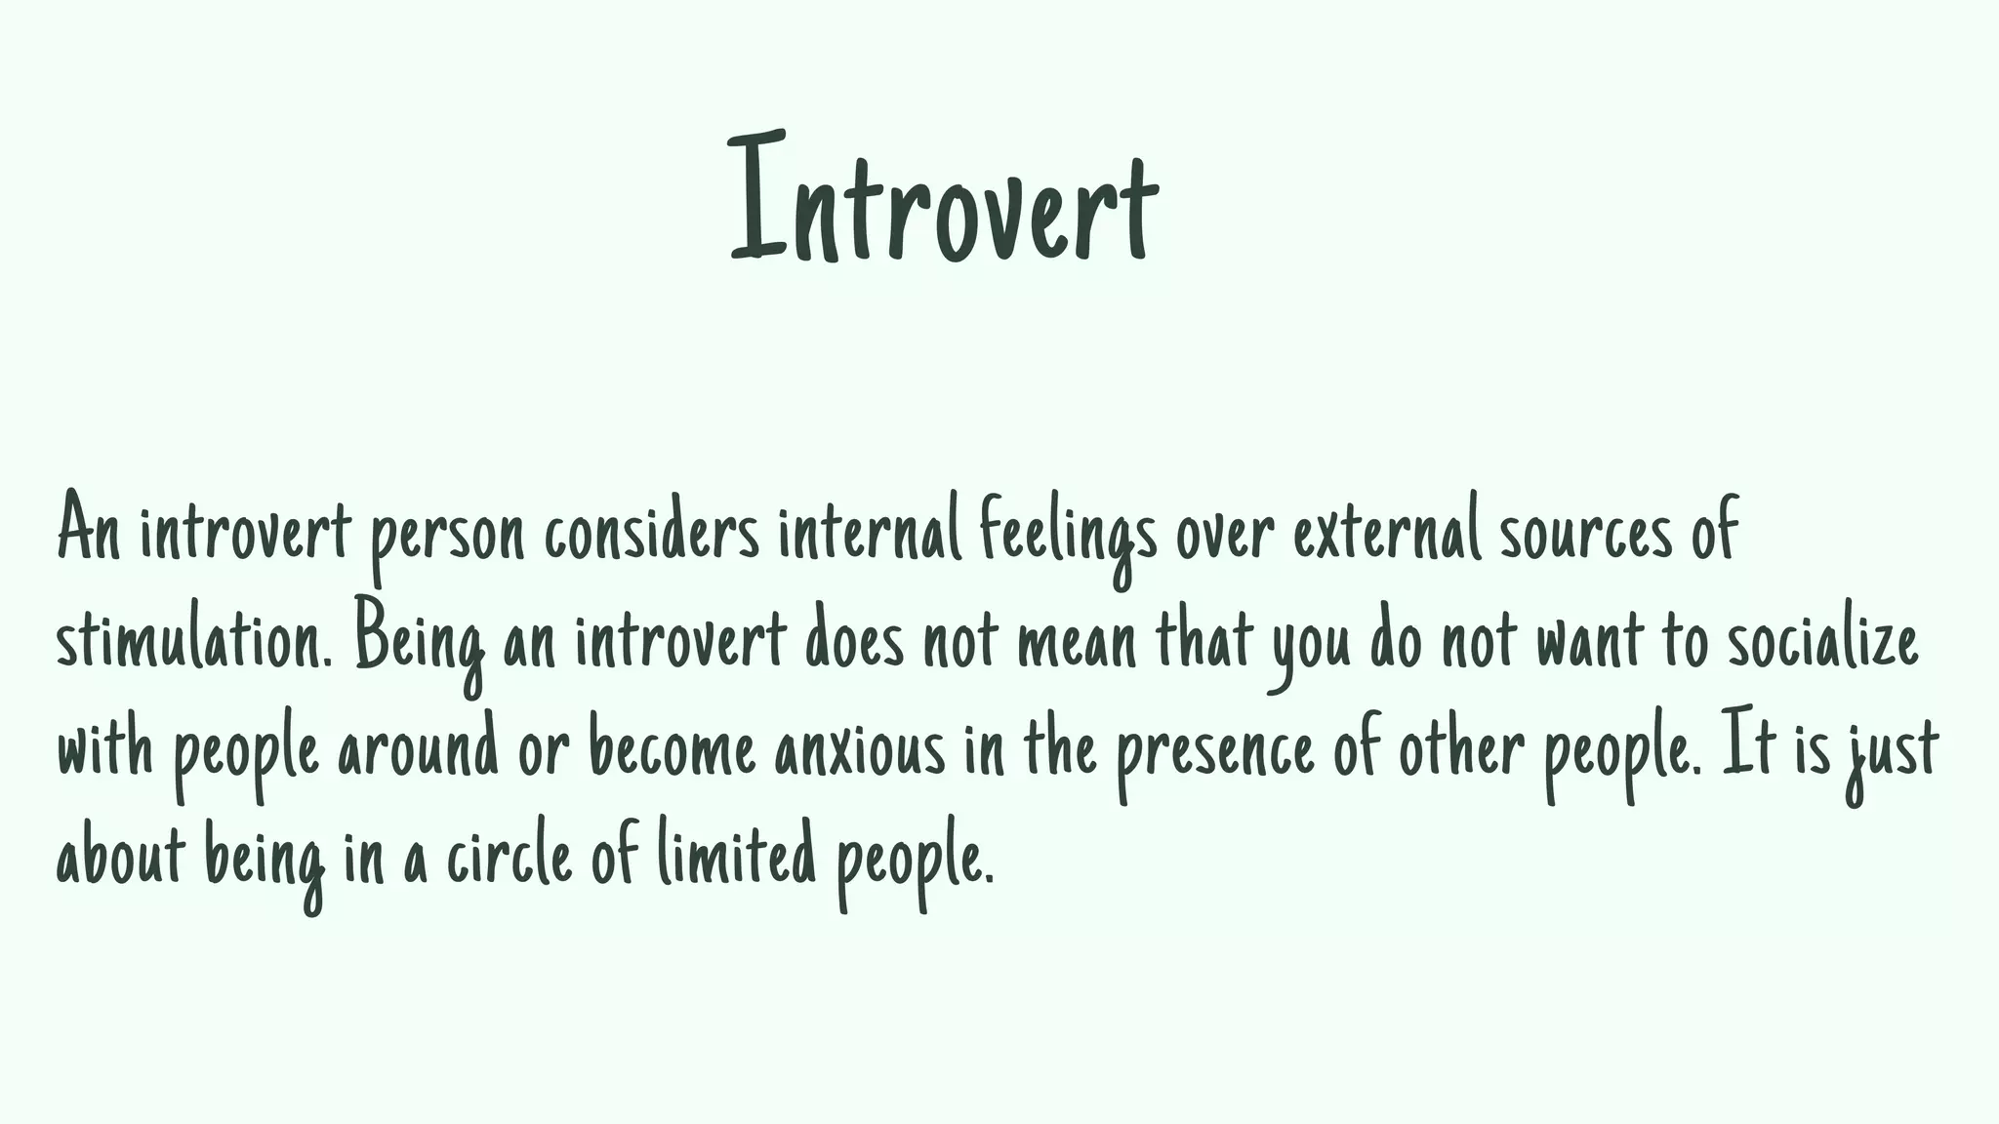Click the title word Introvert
(944, 200)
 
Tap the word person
(446, 535)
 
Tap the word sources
(1585, 535)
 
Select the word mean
(1077, 644)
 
